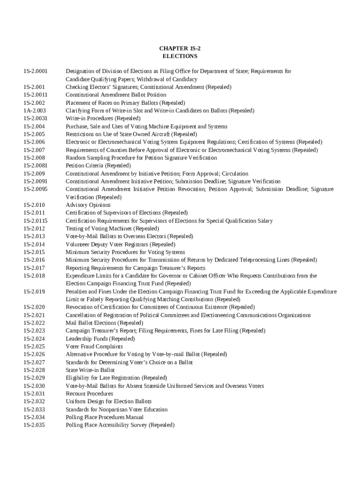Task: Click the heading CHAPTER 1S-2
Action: point(180,48)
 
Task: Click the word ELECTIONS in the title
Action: point(180,56)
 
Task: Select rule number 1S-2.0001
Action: point(36,72)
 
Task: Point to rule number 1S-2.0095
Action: point(36,189)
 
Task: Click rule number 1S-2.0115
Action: point(36,221)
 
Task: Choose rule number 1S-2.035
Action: point(34,425)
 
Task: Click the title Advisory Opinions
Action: point(88,205)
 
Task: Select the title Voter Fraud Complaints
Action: point(94,347)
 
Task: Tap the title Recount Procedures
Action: point(89,394)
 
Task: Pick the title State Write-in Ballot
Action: point(90,370)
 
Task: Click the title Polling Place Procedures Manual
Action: point(104,417)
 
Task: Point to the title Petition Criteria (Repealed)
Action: point(98,166)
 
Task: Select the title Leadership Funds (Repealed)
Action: point(100,339)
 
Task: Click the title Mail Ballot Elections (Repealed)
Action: point(104,323)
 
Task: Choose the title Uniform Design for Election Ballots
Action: point(108,401)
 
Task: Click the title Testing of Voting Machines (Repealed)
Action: point(112,229)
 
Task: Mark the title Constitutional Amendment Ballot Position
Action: point(115,95)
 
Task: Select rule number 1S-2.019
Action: point(34,291)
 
